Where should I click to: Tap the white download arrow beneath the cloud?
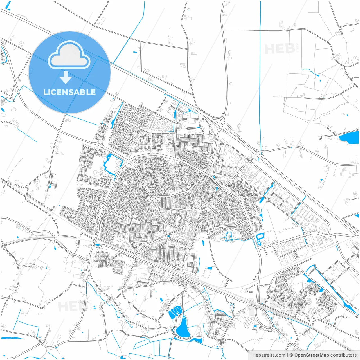point(66,77)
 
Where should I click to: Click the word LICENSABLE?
point(69,92)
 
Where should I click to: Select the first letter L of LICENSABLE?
point(45,92)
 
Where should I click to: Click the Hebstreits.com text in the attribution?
point(269,355)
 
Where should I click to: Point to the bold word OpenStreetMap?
point(312,355)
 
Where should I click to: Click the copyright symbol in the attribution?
point(291,355)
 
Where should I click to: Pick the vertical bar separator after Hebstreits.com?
point(287,355)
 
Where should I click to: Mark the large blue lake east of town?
point(348,138)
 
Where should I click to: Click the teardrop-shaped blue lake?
point(183,328)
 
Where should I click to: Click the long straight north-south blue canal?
point(260,84)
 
